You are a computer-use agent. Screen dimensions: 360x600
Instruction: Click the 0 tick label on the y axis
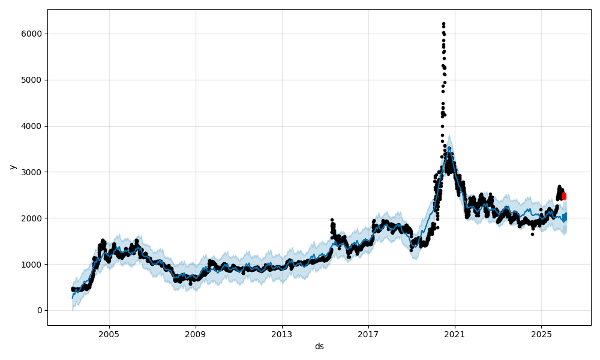pyautogui.click(x=40, y=310)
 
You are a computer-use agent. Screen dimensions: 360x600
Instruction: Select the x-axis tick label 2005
pyautogui.click(x=109, y=334)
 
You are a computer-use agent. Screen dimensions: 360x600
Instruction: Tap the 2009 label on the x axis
pyautogui.click(x=196, y=334)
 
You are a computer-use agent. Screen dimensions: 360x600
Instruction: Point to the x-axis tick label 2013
pyautogui.click(x=282, y=334)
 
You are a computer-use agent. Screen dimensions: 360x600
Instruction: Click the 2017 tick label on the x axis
pyautogui.click(x=368, y=334)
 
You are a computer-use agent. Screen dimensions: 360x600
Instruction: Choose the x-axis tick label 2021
pyautogui.click(x=455, y=334)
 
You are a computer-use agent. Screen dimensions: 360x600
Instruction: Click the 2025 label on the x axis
pyautogui.click(x=541, y=334)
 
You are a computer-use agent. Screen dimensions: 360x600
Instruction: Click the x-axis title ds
pyautogui.click(x=319, y=346)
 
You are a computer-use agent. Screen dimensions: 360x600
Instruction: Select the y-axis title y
pyautogui.click(x=11, y=167)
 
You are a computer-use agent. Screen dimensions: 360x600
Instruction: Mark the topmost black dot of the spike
pyautogui.click(x=443, y=23)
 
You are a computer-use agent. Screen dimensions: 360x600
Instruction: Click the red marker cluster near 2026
pyautogui.click(x=563, y=196)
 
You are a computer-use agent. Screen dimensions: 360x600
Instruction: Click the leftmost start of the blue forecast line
pyautogui.click(x=72, y=298)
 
